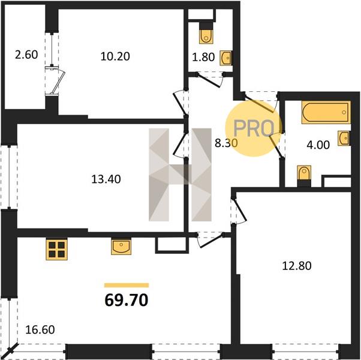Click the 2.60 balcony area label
click(x=26, y=55)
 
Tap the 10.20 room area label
click(x=115, y=56)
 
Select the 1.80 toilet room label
click(x=203, y=57)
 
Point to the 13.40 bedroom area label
click(x=106, y=179)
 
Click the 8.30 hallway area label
click(x=226, y=143)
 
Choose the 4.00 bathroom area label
click(x=318, y=145)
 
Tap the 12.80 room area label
click(x=297, y=266)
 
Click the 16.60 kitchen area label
click(x=40, y=329)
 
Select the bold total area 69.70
click(x=127, y=301)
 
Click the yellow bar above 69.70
click(x=127, y=285)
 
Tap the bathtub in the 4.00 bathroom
click(x=326, y=112)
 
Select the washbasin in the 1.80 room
click(x=226, y=58)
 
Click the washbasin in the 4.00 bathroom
click(x=344, y=138)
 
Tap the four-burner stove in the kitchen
click(x=56, y=250)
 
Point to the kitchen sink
click(x=121, y=247)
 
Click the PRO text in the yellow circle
click(x=254, y=128)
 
